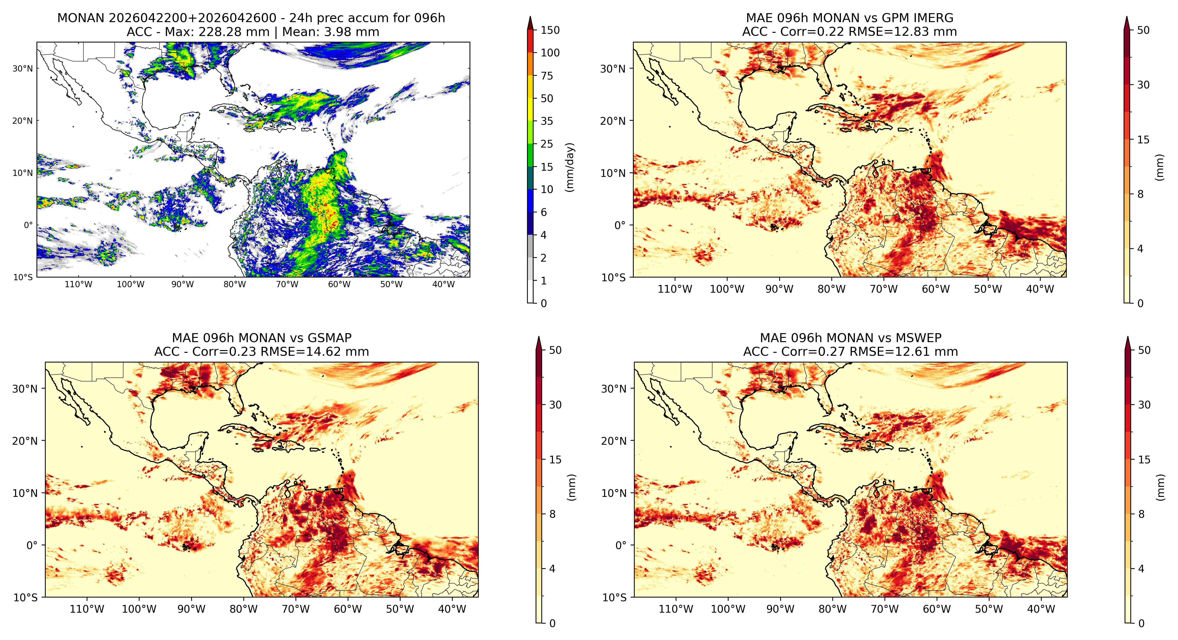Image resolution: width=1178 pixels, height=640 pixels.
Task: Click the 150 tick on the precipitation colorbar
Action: (x=550, y=30)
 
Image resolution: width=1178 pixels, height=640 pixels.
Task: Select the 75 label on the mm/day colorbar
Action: (x=547, y=76)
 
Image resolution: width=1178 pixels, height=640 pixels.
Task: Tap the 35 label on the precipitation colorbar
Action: (x=547, y=121)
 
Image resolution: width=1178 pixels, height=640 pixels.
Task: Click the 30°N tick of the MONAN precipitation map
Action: (x=23, y=69)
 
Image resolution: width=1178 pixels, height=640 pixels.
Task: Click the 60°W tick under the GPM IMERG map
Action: (x=936, y=289)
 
